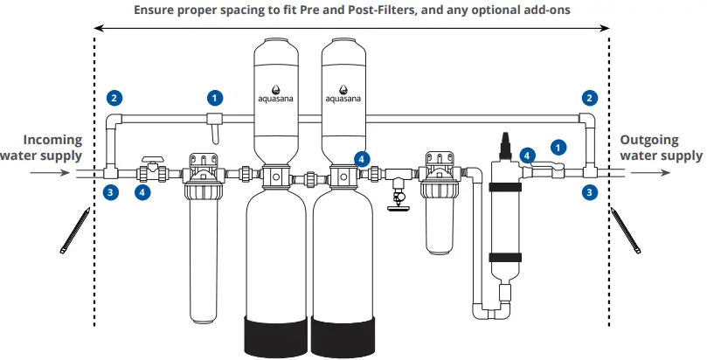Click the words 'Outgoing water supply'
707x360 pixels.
[661, 148]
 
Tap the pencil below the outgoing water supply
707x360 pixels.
[627, 230]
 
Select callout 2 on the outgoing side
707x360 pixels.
[591, 98]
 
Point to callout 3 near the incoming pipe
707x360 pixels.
[109, 191]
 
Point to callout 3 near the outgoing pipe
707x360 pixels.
[591, 191]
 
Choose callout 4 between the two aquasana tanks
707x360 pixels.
[361, 158]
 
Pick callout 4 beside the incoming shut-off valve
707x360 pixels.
[143, 191]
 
